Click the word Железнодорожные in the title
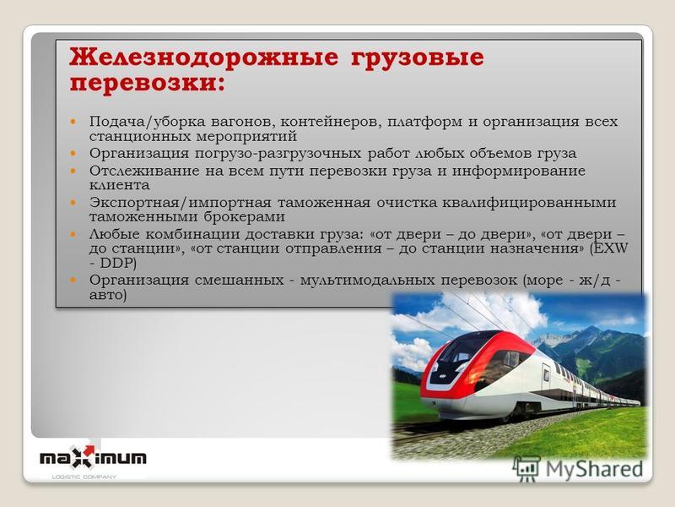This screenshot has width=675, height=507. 204,57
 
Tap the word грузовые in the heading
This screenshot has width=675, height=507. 418,58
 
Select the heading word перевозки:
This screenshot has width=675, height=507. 148,82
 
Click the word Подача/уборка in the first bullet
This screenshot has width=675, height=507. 147,122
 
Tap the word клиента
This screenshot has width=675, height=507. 120,185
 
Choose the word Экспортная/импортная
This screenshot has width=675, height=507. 181,203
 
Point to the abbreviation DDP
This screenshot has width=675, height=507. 118,263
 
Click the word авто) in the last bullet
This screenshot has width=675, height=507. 108,295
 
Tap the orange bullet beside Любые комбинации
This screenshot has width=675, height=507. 73,235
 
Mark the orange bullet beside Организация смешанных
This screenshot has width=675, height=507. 73,281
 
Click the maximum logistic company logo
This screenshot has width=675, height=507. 93,461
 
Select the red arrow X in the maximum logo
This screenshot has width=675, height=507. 84,456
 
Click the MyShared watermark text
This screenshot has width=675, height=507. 594,469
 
